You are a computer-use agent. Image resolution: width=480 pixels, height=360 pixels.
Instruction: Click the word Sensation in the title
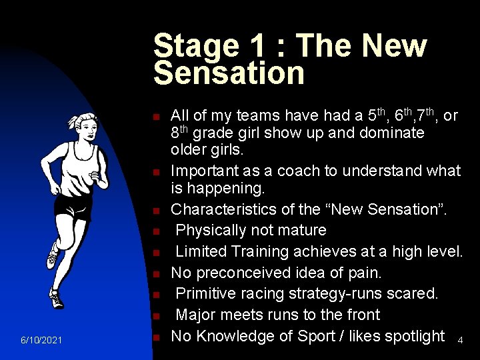coord(229,73)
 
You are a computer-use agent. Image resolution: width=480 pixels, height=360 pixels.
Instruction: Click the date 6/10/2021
coord(41,341)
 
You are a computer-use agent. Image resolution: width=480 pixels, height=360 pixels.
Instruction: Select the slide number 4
coord(460,341)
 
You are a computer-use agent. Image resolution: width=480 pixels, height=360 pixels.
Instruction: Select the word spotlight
coord(412,336)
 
